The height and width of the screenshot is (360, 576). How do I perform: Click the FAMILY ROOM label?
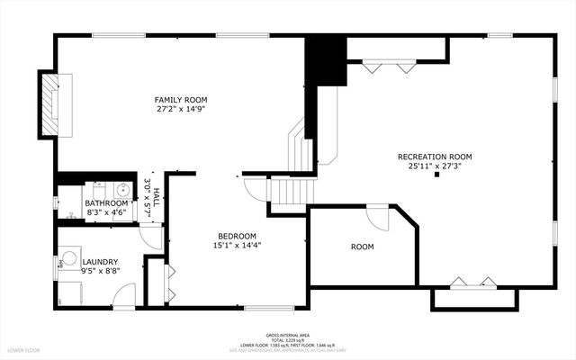[181, 100]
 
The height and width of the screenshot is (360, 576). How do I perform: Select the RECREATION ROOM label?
[435, 157]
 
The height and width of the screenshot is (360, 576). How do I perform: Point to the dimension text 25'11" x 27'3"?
[435, 166]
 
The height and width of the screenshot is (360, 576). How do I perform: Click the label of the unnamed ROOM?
[362, 247]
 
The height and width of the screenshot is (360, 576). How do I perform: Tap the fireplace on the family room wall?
[52, 103]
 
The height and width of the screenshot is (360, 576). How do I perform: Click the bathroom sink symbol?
[120, 190]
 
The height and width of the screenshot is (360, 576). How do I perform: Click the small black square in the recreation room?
[436, 176]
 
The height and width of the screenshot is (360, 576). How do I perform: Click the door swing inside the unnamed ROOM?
[377, 217]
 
